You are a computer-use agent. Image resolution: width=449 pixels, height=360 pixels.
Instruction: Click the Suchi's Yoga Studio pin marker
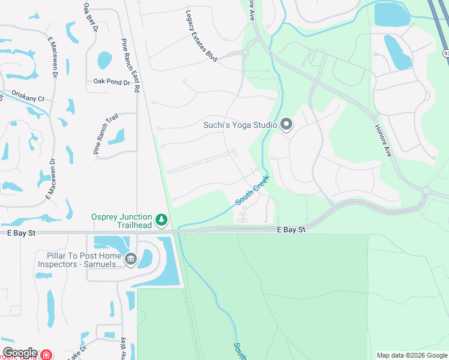coord(286,125)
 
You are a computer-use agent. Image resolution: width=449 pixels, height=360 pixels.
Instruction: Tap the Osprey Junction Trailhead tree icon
coord(161,220)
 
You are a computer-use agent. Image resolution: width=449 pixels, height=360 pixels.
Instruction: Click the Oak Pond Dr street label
coord(112,82)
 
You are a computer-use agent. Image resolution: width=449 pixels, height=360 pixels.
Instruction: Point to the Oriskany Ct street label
coord(25,98)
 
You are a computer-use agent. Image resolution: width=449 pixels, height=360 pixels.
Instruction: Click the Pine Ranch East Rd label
coord(130,65)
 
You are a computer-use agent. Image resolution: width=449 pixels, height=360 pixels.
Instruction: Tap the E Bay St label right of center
coord(291,229)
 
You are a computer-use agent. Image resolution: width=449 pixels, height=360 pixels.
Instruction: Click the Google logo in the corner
coord(20,353)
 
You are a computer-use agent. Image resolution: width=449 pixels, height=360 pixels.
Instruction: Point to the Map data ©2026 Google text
coord(411,355)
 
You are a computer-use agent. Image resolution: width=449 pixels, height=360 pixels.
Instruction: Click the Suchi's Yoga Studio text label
coord(240,125)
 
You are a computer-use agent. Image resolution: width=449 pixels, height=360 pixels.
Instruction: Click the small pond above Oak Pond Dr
coord(104,59)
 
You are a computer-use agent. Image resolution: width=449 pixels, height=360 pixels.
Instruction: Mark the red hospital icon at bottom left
coord(46,355)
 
